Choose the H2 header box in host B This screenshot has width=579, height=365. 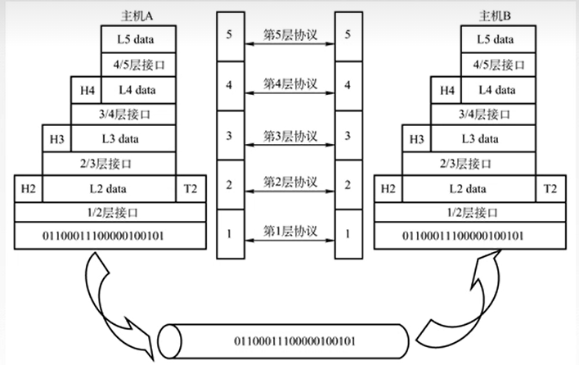(x=388, y=189)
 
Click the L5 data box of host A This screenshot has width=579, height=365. (x=137, y=38)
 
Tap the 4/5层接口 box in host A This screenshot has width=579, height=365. (x=137, y=64)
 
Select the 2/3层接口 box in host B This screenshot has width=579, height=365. (x=469, y=164)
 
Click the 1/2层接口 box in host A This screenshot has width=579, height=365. (x=110, y=212)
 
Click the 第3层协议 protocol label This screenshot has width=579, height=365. (x=289, y=133)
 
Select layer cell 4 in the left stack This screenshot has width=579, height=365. (x=230, y=84)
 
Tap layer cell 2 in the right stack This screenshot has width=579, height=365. (x=349, y=185)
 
